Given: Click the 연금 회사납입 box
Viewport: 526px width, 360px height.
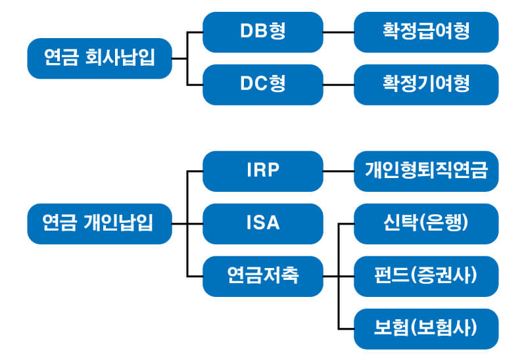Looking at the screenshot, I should (x=99, y=58).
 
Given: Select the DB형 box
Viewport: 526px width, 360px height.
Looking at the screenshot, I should (x=263, y=32).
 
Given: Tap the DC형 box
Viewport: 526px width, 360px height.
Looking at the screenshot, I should (x=263, y=85).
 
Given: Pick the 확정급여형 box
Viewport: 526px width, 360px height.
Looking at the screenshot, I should (x=426, y=32).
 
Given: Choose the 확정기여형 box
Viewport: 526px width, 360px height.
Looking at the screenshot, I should (x=426, y=85).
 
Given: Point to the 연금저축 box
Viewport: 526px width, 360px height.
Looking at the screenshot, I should (x=263, y=276).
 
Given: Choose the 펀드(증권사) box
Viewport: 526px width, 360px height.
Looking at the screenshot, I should (x=426, y=276).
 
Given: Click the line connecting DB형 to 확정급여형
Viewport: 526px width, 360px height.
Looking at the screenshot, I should (x=339, y=32).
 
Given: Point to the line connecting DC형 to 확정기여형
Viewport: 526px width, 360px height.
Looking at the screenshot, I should (x=339, y=85).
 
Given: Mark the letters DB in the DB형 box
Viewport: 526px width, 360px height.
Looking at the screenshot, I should (x=254, y=32).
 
